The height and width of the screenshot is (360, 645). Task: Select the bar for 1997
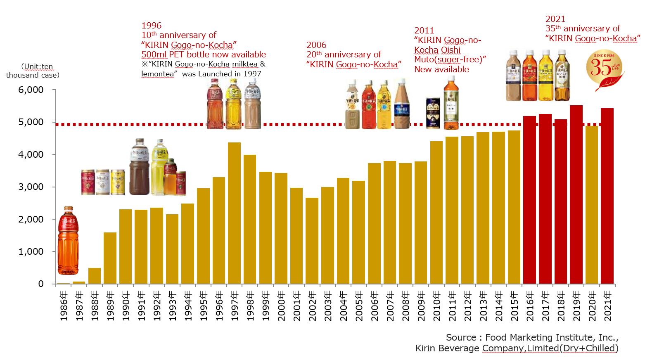click(x=234, y=213)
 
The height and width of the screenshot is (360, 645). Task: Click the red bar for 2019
click(x=576, y=194)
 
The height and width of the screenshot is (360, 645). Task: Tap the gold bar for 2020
click(x=592, y=205)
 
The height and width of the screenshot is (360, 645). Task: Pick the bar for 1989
click(x=110, y=258)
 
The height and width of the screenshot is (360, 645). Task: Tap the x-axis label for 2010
click(x=437, y=306)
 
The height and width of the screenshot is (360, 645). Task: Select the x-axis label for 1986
click(x=64, y=306)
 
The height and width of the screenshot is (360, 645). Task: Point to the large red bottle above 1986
click(x=68, y=240)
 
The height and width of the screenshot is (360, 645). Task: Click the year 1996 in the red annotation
click(x=152, y=26)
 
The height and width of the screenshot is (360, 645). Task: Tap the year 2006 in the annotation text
click(x=316, y=45)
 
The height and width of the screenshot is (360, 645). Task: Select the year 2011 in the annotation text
click(x=424, y=31)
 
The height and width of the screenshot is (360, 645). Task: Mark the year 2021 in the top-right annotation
click(x=555, y=19)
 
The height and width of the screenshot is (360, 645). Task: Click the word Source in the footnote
click(x=461, y=338)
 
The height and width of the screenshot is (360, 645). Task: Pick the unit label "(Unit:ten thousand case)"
click(x=33, y=71)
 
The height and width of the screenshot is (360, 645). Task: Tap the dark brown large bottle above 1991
click(x=139, y=167)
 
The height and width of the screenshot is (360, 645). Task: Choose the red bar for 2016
click(x=529, y=200)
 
